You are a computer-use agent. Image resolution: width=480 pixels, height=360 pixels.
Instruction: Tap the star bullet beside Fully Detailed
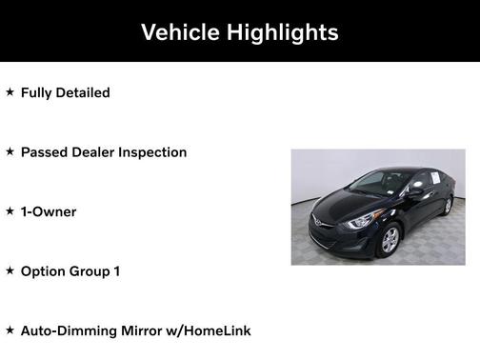click(10, 92)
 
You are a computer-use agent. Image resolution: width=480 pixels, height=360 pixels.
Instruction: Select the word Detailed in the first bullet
click(82, 92)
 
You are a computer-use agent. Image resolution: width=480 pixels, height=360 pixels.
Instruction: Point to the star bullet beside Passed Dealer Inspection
click(10, 151)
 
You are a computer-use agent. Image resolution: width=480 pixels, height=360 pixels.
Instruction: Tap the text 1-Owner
click(49, 211)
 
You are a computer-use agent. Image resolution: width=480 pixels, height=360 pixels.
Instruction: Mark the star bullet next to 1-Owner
click(10, 211)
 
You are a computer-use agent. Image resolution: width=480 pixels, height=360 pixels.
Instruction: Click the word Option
click(44, 271)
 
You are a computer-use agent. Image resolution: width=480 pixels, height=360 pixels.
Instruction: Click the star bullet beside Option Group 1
click(10, 270)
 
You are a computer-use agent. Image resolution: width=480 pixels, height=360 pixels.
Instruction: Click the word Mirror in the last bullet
click(146, 330)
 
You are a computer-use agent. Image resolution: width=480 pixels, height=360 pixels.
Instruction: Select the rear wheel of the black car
click(448, 205)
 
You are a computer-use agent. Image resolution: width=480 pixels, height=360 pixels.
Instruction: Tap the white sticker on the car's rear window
click(431, 178)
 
